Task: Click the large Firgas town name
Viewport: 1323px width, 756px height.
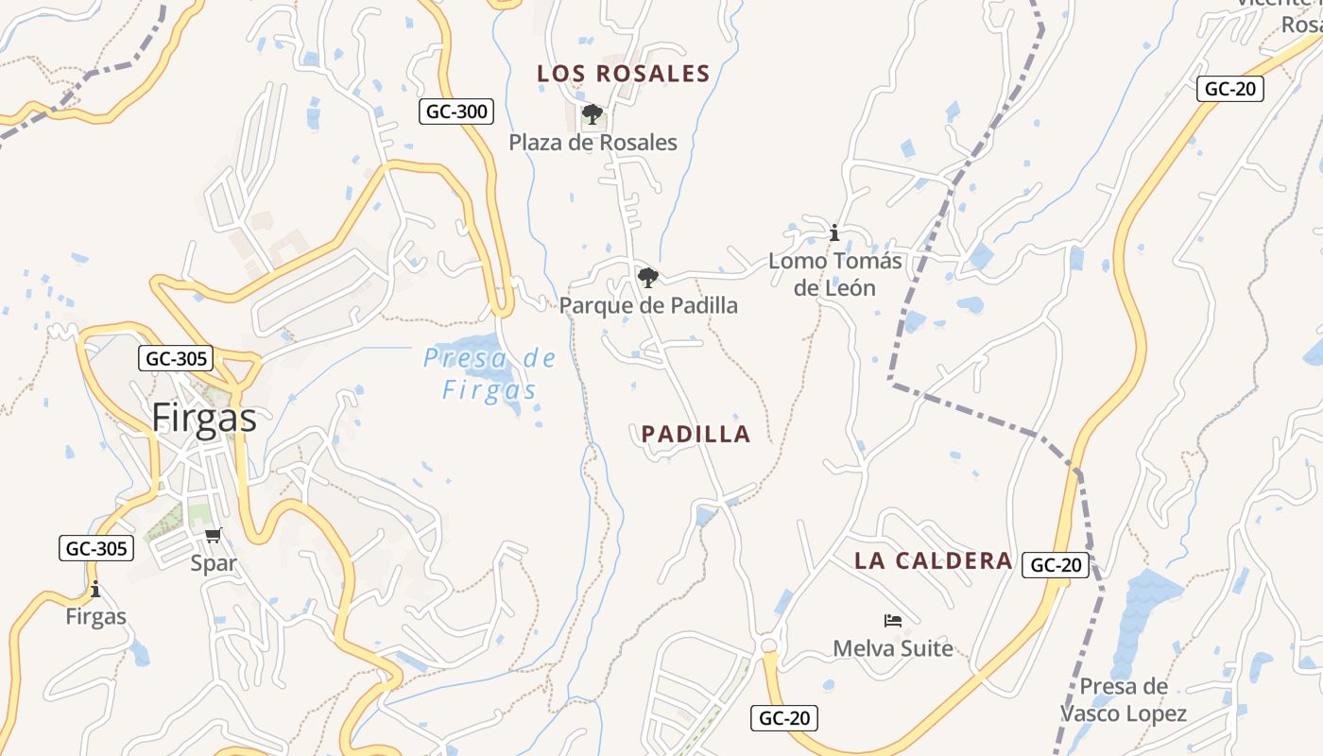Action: point(204,418)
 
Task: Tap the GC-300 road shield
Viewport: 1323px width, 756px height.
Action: point(456,112)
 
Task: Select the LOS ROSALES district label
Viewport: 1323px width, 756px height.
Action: point(623,74)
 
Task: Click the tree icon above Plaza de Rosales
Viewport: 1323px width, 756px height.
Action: point(593,115)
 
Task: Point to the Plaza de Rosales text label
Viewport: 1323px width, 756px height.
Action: point(593,143)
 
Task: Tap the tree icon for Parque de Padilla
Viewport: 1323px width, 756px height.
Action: point(647,278)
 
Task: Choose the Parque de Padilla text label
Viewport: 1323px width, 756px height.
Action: point(648,305)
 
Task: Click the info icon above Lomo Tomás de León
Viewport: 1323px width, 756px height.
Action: point(834,232)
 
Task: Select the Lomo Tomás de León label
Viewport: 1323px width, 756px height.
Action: point(834,274)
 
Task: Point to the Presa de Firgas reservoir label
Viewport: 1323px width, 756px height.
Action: point(490,374)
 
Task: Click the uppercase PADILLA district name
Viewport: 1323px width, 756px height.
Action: point(696,435)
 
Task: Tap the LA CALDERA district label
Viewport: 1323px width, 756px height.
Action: point(933,560)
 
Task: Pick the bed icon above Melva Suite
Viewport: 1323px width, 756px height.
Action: point(893,621)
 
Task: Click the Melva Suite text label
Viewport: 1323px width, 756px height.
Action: point(893,648)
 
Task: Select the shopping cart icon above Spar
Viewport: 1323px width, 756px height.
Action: point(214,536)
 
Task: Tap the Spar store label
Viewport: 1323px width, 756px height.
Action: point(214,563)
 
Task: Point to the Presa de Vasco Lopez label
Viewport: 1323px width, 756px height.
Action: point(1123,700)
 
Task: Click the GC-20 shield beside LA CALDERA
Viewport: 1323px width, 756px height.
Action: point(1056,565)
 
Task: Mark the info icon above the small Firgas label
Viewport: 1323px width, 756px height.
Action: point(95,590)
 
